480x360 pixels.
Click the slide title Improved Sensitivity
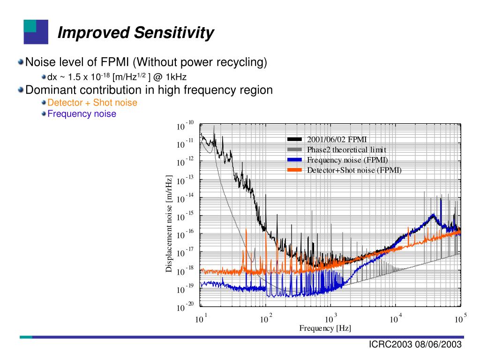click(x=135, y=33)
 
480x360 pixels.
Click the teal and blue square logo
click(x=36, y=32)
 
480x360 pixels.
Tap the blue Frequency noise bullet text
click(x=82, y=114)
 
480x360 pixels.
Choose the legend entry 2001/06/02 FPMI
click(x=337, y=139)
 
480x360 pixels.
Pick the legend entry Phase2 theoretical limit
click(x=346, y=150)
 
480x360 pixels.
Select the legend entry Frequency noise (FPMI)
click(x=347, y=160)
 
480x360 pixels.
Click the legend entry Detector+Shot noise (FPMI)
click(x=354, y=170)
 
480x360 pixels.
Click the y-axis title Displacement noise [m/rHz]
click(x=169, y=223)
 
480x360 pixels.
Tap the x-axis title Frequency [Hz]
click(x=325, y=328)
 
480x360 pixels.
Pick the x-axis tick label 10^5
click(x=460, y=319)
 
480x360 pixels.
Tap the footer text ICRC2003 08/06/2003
click(x=415, y=345)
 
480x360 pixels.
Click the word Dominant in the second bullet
click(x=49, y=90)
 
